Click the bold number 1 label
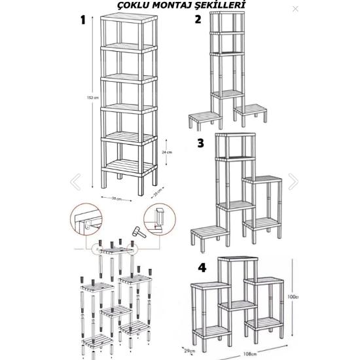pos(83,20)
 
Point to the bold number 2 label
pos(198,20)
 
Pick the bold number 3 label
pos(200,143)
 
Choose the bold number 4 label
pos(202,267)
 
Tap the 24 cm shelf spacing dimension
pos(167,151)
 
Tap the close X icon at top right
pos(295,9)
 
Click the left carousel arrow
pos(76,181)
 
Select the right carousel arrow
pos(293,181)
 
